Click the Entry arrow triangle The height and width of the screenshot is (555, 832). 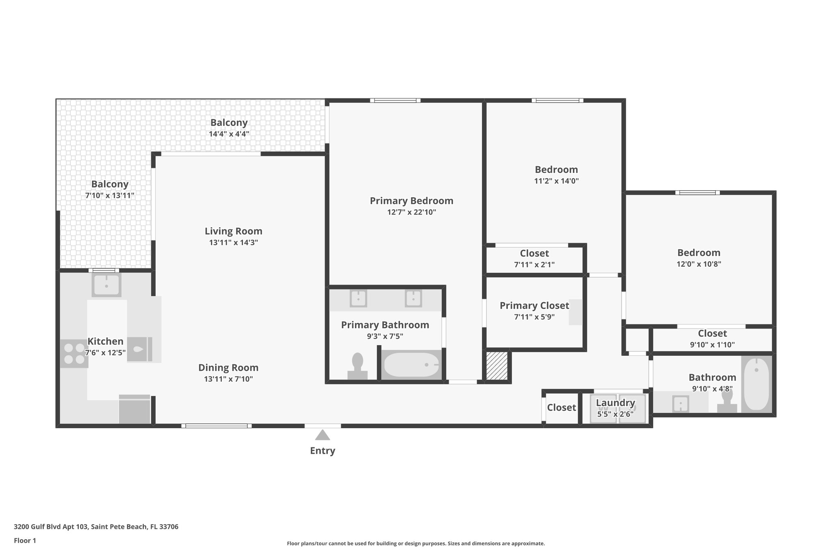click(323, 435)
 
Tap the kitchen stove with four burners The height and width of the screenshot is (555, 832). click(74, 354)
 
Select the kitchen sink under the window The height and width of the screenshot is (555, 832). click(106, 285)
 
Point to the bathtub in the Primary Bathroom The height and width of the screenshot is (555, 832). click(412, 365)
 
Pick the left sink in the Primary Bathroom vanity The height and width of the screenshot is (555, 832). click(358, 298)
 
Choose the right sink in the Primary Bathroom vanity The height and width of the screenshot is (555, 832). click(413, 298)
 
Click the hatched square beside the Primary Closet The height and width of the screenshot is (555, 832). click(497, 366)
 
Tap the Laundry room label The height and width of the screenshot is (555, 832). click(615, 403)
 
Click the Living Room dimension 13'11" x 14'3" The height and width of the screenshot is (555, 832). click(233, 243)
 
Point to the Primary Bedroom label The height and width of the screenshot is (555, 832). click(411, 201)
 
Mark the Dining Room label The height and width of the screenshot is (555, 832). click(228, 368)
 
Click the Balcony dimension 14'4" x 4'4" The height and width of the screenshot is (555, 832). click(229, 134)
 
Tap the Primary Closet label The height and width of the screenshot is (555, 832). click(534, 305)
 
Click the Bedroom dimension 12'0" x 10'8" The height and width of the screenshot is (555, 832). click(698, 264)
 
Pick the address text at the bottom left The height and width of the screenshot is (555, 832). click(96, 527)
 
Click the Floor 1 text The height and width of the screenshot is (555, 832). click(25, 540)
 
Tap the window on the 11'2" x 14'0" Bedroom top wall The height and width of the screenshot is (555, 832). click(557, 100)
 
